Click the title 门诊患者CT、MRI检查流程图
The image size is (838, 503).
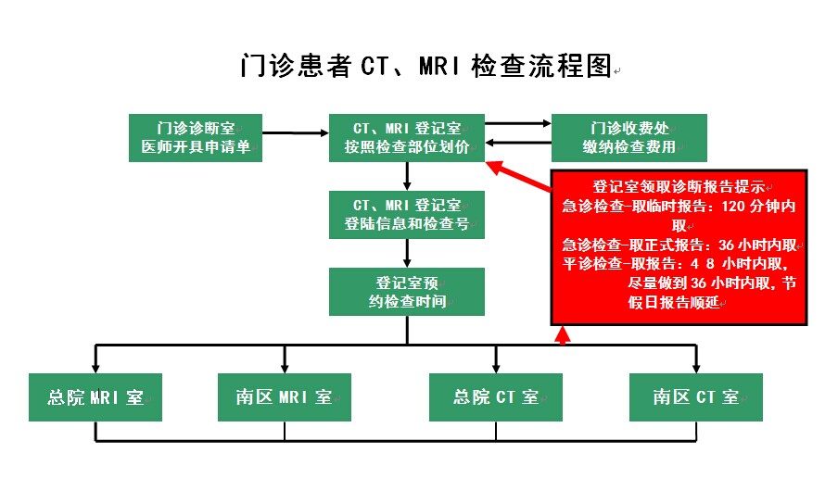[425, 67]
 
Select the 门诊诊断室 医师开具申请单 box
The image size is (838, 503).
[196, 137]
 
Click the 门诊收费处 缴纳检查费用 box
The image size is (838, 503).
[629, 137]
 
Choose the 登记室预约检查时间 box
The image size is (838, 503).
[407, 292]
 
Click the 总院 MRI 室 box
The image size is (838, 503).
[95, 397]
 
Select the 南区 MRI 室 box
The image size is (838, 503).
[284, 397]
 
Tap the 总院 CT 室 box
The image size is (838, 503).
[496, 397]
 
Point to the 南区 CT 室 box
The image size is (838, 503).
[695, 397]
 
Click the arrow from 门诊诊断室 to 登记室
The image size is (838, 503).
[296, 133]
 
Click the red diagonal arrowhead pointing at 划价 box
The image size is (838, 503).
[497, 168]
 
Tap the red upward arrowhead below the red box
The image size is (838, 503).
[561, 334]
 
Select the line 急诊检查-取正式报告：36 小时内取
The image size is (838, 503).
[679, 245]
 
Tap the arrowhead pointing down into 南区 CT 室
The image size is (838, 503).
[696, 366]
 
